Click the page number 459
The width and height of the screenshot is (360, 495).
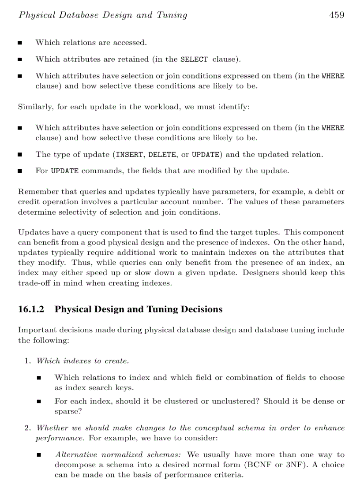pos(336,15)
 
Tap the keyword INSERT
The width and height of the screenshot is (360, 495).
pos(130,155)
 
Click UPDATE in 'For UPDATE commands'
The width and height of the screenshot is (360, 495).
pos(64,171)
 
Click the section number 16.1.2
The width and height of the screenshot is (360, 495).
pos(31,309)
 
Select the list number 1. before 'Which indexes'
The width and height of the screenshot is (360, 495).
pos(27,361)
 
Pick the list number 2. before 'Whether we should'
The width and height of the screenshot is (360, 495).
pos(27,428)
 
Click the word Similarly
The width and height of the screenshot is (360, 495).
pos(34,107)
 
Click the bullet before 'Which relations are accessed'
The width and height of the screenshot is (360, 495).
pos(20,43)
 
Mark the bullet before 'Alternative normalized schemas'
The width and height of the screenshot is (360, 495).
pos(39,455)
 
